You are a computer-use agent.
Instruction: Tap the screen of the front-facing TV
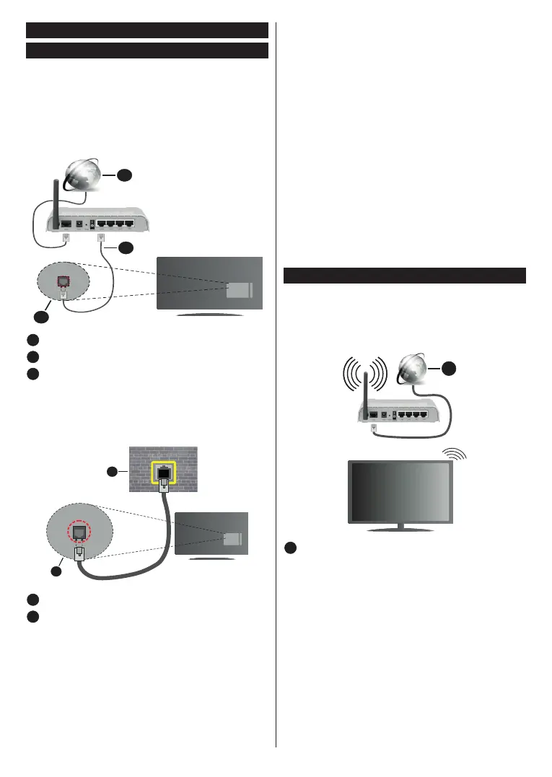click(x=401, y=492)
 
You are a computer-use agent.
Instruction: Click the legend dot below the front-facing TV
click(x=289, y=549)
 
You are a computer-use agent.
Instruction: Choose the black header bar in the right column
click(x=404, y=276)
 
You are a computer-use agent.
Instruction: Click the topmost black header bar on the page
click(x=146, y=30)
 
